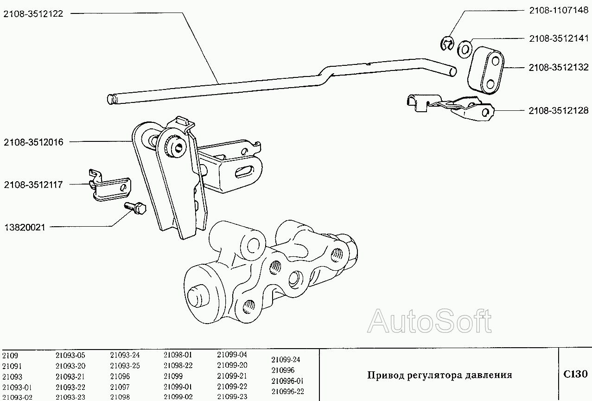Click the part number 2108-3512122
pyautogui.click(x=33, y=14)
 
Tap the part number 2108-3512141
pyautogui.click(x=559, y=39)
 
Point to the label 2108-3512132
pyautogui.click(x=559, y=67)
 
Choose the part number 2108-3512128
pyautogui.click(x=559, y=110)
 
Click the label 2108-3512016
pyautogui.click(x=33, y=142)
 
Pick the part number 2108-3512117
pyautogui.click(x=33, y=185)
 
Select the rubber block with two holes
pyautogui.click(x=486, y=70)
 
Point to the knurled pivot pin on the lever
pyautogui.click(x=177, y=148)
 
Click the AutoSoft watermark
pyautogui.click(x=429, y=320)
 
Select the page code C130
pyautogui.click(x=575, y=374)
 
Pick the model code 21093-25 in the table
pyautogui.click(x=125, y=365)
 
